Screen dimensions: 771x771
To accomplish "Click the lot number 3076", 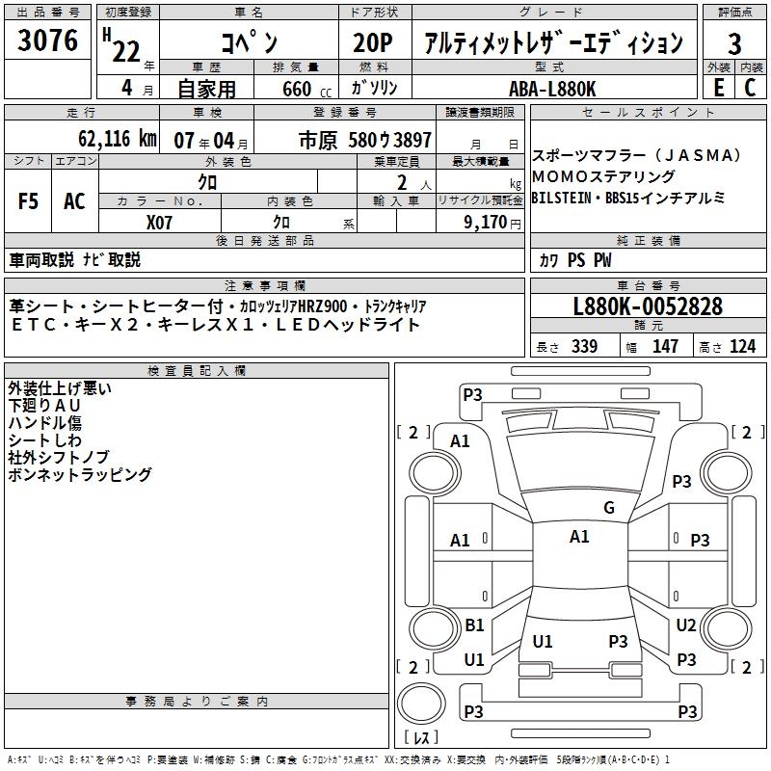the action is tap(48, 41).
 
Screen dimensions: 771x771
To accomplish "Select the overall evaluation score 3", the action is tap(734, 44).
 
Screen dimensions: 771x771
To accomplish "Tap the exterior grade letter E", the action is tap(718, 87).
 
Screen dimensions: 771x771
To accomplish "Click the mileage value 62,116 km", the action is tap(112, 139).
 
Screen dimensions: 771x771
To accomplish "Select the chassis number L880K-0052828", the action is tap(648, 307).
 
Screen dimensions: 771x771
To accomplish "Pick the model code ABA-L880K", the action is tap(552, 89).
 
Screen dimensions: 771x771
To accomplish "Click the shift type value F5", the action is tap(29, 201).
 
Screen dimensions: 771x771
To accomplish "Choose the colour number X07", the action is tap(160, 221).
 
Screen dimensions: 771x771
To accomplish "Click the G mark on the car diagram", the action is tap(608, 508).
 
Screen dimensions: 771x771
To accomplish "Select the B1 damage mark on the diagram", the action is tap(474, 625).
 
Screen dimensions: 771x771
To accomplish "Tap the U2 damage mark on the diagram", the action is tap(686, 625).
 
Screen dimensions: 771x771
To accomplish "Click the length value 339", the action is tap(584, 347).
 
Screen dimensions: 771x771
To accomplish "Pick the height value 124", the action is tap(742, 347).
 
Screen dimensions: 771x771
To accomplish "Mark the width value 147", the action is tap(665, 347).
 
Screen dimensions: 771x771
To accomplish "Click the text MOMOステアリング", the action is tap(603, 177).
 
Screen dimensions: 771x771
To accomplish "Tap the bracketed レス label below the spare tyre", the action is tap(421, 739).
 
